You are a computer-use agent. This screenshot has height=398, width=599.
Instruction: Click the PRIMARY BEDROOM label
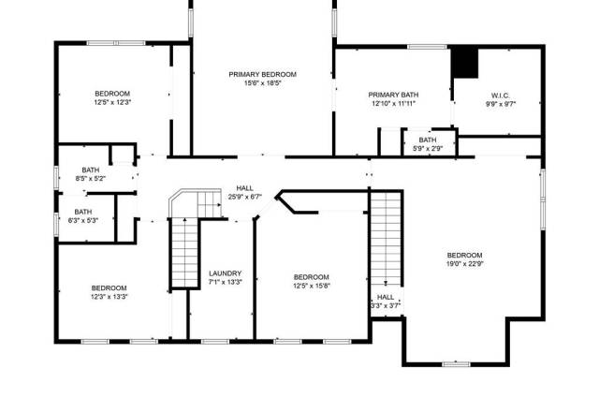(x=262, y=74)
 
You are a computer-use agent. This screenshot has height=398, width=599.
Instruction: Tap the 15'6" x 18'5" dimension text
(x=262, y=83)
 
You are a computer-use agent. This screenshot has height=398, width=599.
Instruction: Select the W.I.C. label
(x=500, y=96)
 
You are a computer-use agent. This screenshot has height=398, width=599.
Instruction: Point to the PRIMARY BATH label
(x=393, y=95)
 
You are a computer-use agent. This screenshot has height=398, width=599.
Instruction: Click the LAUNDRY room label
(x=225, y=273)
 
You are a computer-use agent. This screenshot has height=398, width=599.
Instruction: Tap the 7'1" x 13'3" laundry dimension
(x=225, y=282)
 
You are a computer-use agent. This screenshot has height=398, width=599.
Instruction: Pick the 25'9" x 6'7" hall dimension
(x=244, y=197)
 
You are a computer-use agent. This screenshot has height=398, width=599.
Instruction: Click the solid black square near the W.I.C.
(x=465, y=63)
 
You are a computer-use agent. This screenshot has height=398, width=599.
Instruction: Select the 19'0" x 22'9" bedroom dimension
(x=465, y=264)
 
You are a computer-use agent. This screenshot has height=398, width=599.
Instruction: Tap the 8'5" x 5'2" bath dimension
(x=91, y=178)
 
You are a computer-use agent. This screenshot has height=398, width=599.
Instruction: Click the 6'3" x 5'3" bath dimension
(x=83, y=220)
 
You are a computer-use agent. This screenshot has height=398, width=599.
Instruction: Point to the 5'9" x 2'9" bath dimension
(x=428, y=148)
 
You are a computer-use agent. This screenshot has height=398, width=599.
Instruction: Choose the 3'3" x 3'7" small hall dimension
(x=386, y=305)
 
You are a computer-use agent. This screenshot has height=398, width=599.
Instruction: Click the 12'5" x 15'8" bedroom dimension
(x=312, y=286)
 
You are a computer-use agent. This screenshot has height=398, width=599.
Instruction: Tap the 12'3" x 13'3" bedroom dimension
(x=109, y=297)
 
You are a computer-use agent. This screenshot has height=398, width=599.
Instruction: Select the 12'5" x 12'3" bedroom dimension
(x=112, y=102)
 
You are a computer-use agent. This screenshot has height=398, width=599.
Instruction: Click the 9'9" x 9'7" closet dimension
(x=501, y=104)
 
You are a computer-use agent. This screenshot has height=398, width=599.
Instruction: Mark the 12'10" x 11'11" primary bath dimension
(x=393, y=103)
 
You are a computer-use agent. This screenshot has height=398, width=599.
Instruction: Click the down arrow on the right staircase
(x=386, y=284)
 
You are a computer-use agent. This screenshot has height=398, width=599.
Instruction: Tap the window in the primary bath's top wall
(x=427, y=47)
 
